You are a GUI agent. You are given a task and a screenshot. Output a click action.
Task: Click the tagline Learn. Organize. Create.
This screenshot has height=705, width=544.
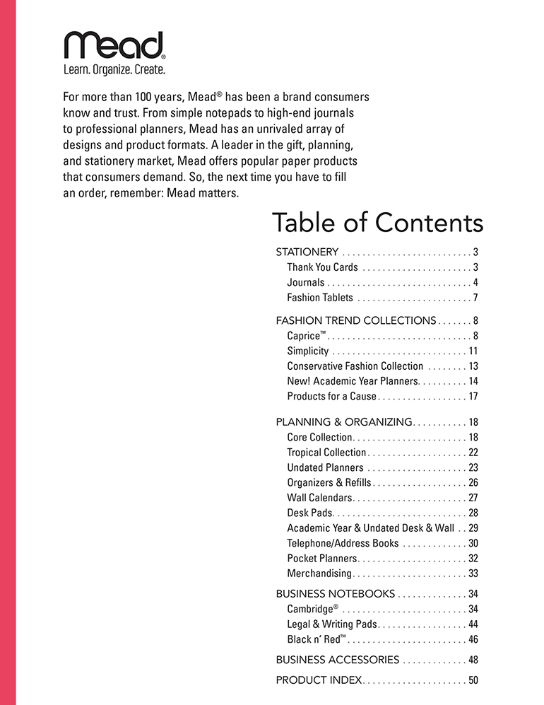coord(114,70)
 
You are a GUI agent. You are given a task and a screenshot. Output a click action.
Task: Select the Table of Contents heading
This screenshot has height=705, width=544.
coord(377,223)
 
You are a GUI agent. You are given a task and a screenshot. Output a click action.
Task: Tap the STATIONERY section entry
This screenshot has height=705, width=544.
coord(307,252)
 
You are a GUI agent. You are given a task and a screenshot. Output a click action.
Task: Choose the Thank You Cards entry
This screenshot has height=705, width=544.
coord(322,267)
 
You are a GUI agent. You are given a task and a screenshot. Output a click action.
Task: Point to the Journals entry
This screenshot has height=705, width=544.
coord(305,282)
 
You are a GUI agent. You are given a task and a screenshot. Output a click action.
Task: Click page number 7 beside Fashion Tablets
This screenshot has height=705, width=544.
coord(475,298)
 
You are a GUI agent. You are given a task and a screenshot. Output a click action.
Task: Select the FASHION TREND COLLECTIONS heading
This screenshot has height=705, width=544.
coord(356,320)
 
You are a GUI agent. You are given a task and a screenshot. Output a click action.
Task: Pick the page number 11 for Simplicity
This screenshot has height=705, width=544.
coord(473,351)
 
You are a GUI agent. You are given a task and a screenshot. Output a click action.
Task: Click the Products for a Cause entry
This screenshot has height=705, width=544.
coord(331,396)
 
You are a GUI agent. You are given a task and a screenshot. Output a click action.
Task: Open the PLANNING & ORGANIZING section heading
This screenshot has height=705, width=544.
coord(343,422)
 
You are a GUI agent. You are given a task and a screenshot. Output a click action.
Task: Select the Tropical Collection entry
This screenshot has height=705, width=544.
coord(326,453)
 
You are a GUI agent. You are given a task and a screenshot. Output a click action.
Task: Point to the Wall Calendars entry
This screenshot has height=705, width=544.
coord(319,498)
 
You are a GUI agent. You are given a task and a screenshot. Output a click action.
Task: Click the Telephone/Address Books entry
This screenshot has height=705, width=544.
coord(343,543)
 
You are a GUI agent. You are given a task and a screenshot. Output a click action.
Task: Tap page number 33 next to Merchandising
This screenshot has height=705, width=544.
coord(473,573)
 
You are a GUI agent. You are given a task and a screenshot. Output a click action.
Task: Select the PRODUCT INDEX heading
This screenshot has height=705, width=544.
coord(319,680)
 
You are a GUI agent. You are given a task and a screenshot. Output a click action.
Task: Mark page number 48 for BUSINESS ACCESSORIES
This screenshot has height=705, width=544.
coord(473,660)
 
